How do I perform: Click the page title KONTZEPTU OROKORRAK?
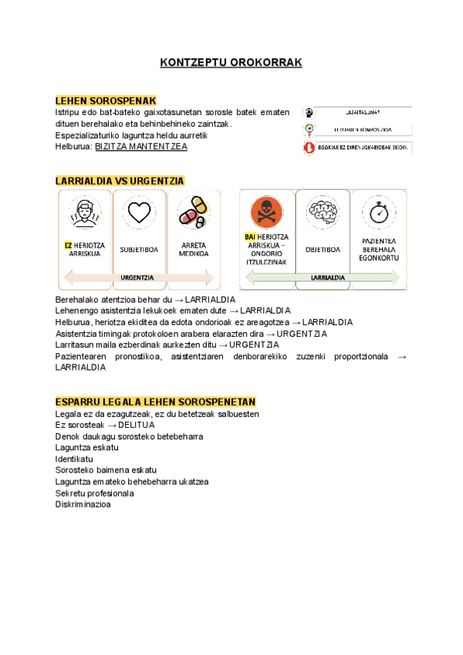[230, 63]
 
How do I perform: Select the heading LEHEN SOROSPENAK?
[106, 101]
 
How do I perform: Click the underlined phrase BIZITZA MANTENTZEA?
[140, 146]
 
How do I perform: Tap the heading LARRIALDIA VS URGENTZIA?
[120, 181]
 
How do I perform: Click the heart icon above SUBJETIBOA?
[139, 212]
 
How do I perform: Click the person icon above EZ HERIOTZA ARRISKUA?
[85, 212]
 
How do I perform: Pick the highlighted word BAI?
[250, 236]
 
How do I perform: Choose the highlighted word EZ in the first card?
[69, 245]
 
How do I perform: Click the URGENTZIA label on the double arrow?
[137, 277]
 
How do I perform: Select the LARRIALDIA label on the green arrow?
[327, 277]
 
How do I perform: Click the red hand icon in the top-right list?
[309, 147]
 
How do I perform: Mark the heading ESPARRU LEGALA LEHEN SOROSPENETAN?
[155, 402]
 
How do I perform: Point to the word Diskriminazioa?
[83, 504]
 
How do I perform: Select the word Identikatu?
[74, 459]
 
